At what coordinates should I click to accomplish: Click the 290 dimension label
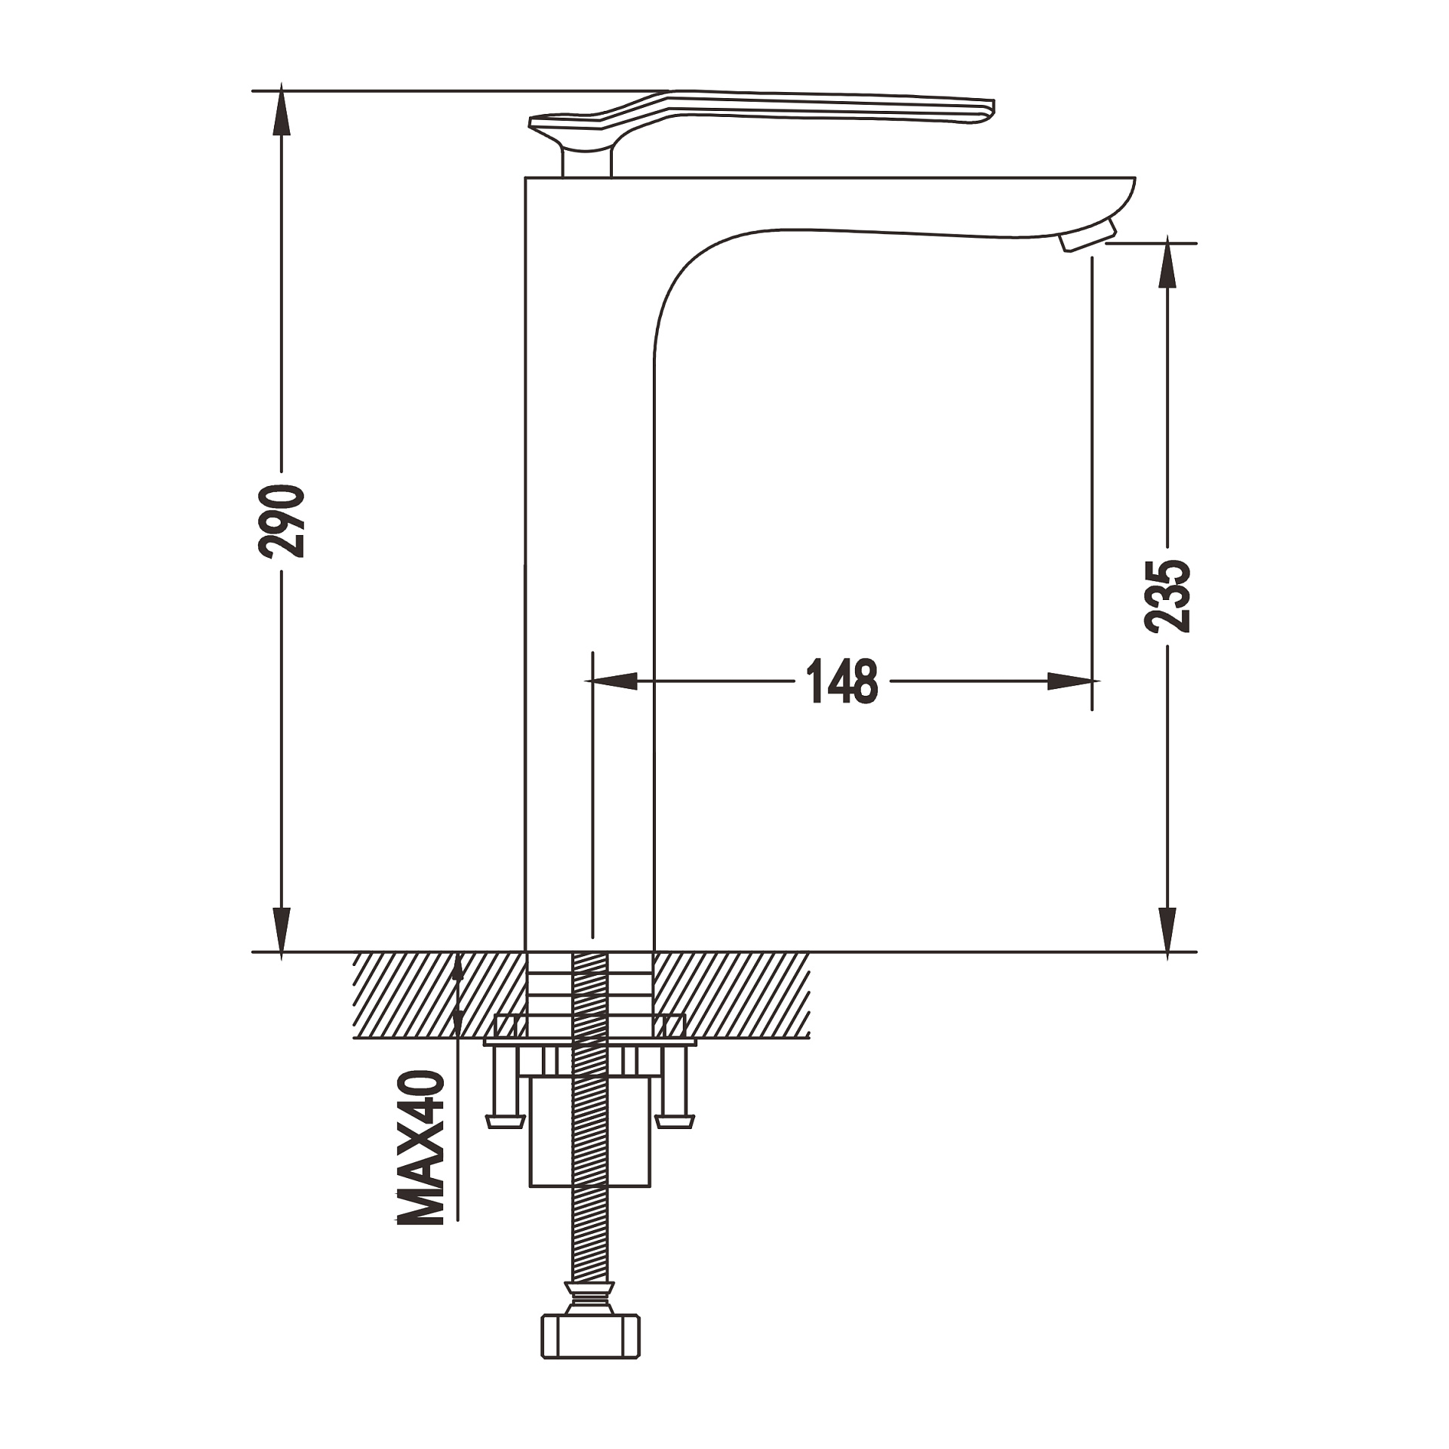(x=281, y=521)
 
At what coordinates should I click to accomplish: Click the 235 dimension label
(x=1167, y=596)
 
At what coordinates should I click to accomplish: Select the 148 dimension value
(x=842, y=681)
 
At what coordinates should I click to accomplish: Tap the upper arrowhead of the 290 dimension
(x=281, y=109)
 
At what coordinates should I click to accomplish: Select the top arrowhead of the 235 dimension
(x=1167, y=263)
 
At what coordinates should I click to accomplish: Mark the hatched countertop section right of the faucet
(x=731, y=995)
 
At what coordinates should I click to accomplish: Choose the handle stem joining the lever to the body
(x=586, y=160)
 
